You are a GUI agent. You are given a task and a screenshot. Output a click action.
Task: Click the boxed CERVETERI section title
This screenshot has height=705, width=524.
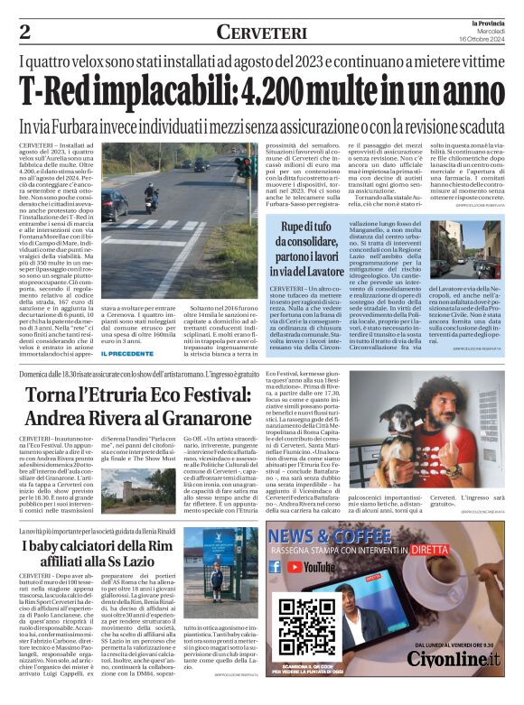(x=261, y=32)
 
